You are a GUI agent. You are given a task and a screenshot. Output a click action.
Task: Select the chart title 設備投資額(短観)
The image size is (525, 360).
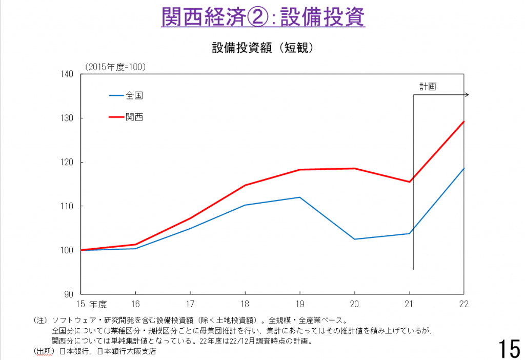tap(262, 48)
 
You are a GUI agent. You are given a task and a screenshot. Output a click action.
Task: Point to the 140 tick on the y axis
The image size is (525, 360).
tap(69, 74)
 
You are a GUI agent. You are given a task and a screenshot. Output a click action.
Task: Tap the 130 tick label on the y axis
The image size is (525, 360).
tap(69, 118)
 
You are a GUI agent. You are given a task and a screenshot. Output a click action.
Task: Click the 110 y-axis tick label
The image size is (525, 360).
tap(69, 206)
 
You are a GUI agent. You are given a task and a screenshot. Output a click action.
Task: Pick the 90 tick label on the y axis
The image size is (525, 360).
tap(71, 294)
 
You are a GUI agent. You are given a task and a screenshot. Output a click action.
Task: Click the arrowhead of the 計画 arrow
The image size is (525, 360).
tap(467, 95)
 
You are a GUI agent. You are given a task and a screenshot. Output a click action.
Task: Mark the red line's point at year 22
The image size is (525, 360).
tap(463, 122)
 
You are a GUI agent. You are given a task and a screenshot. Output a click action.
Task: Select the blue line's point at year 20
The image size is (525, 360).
tap(354, 239)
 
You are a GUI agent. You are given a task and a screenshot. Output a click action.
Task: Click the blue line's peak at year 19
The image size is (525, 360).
tap(299, 197)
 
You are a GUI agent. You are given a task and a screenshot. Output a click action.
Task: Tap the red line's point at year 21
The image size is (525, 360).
tap(410, 182)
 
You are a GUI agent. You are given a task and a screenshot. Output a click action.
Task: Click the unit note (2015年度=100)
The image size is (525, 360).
tap(115, 66)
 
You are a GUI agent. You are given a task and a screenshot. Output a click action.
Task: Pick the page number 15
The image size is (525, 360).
tap(508, 348)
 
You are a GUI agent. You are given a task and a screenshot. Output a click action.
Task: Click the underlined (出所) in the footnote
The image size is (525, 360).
tap(44, 351)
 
